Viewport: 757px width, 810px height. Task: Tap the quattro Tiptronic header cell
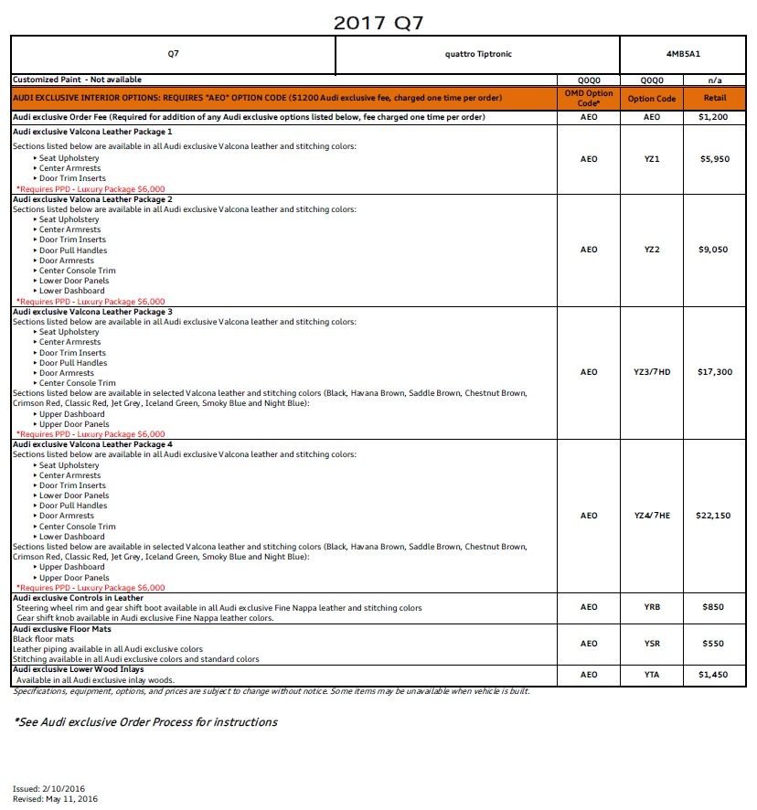click(478, 54)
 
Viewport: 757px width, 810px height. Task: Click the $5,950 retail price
click(714, 158)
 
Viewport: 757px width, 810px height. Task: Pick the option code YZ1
click(651, 158)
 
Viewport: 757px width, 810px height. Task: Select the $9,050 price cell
click(714, 250)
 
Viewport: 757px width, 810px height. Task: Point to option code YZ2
click(651, 250)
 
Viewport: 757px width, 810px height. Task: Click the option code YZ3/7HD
click(651, 372)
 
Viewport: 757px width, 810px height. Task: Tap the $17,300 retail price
click(714, 372)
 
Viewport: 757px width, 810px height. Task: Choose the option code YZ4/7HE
click(651, 516)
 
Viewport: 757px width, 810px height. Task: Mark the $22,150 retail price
click(714, 516)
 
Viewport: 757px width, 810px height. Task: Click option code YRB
click(651, 607)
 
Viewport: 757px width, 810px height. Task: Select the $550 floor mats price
click(714, 644)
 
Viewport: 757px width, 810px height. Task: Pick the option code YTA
click(651, 675)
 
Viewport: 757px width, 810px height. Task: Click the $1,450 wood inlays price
click(714, 675)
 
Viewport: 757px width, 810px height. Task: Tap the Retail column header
click(714, 99)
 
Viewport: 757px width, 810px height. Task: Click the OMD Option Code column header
click(588, 98)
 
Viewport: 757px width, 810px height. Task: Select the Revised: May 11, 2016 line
click(55, 798)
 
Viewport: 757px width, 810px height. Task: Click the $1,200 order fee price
click(714, 118)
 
